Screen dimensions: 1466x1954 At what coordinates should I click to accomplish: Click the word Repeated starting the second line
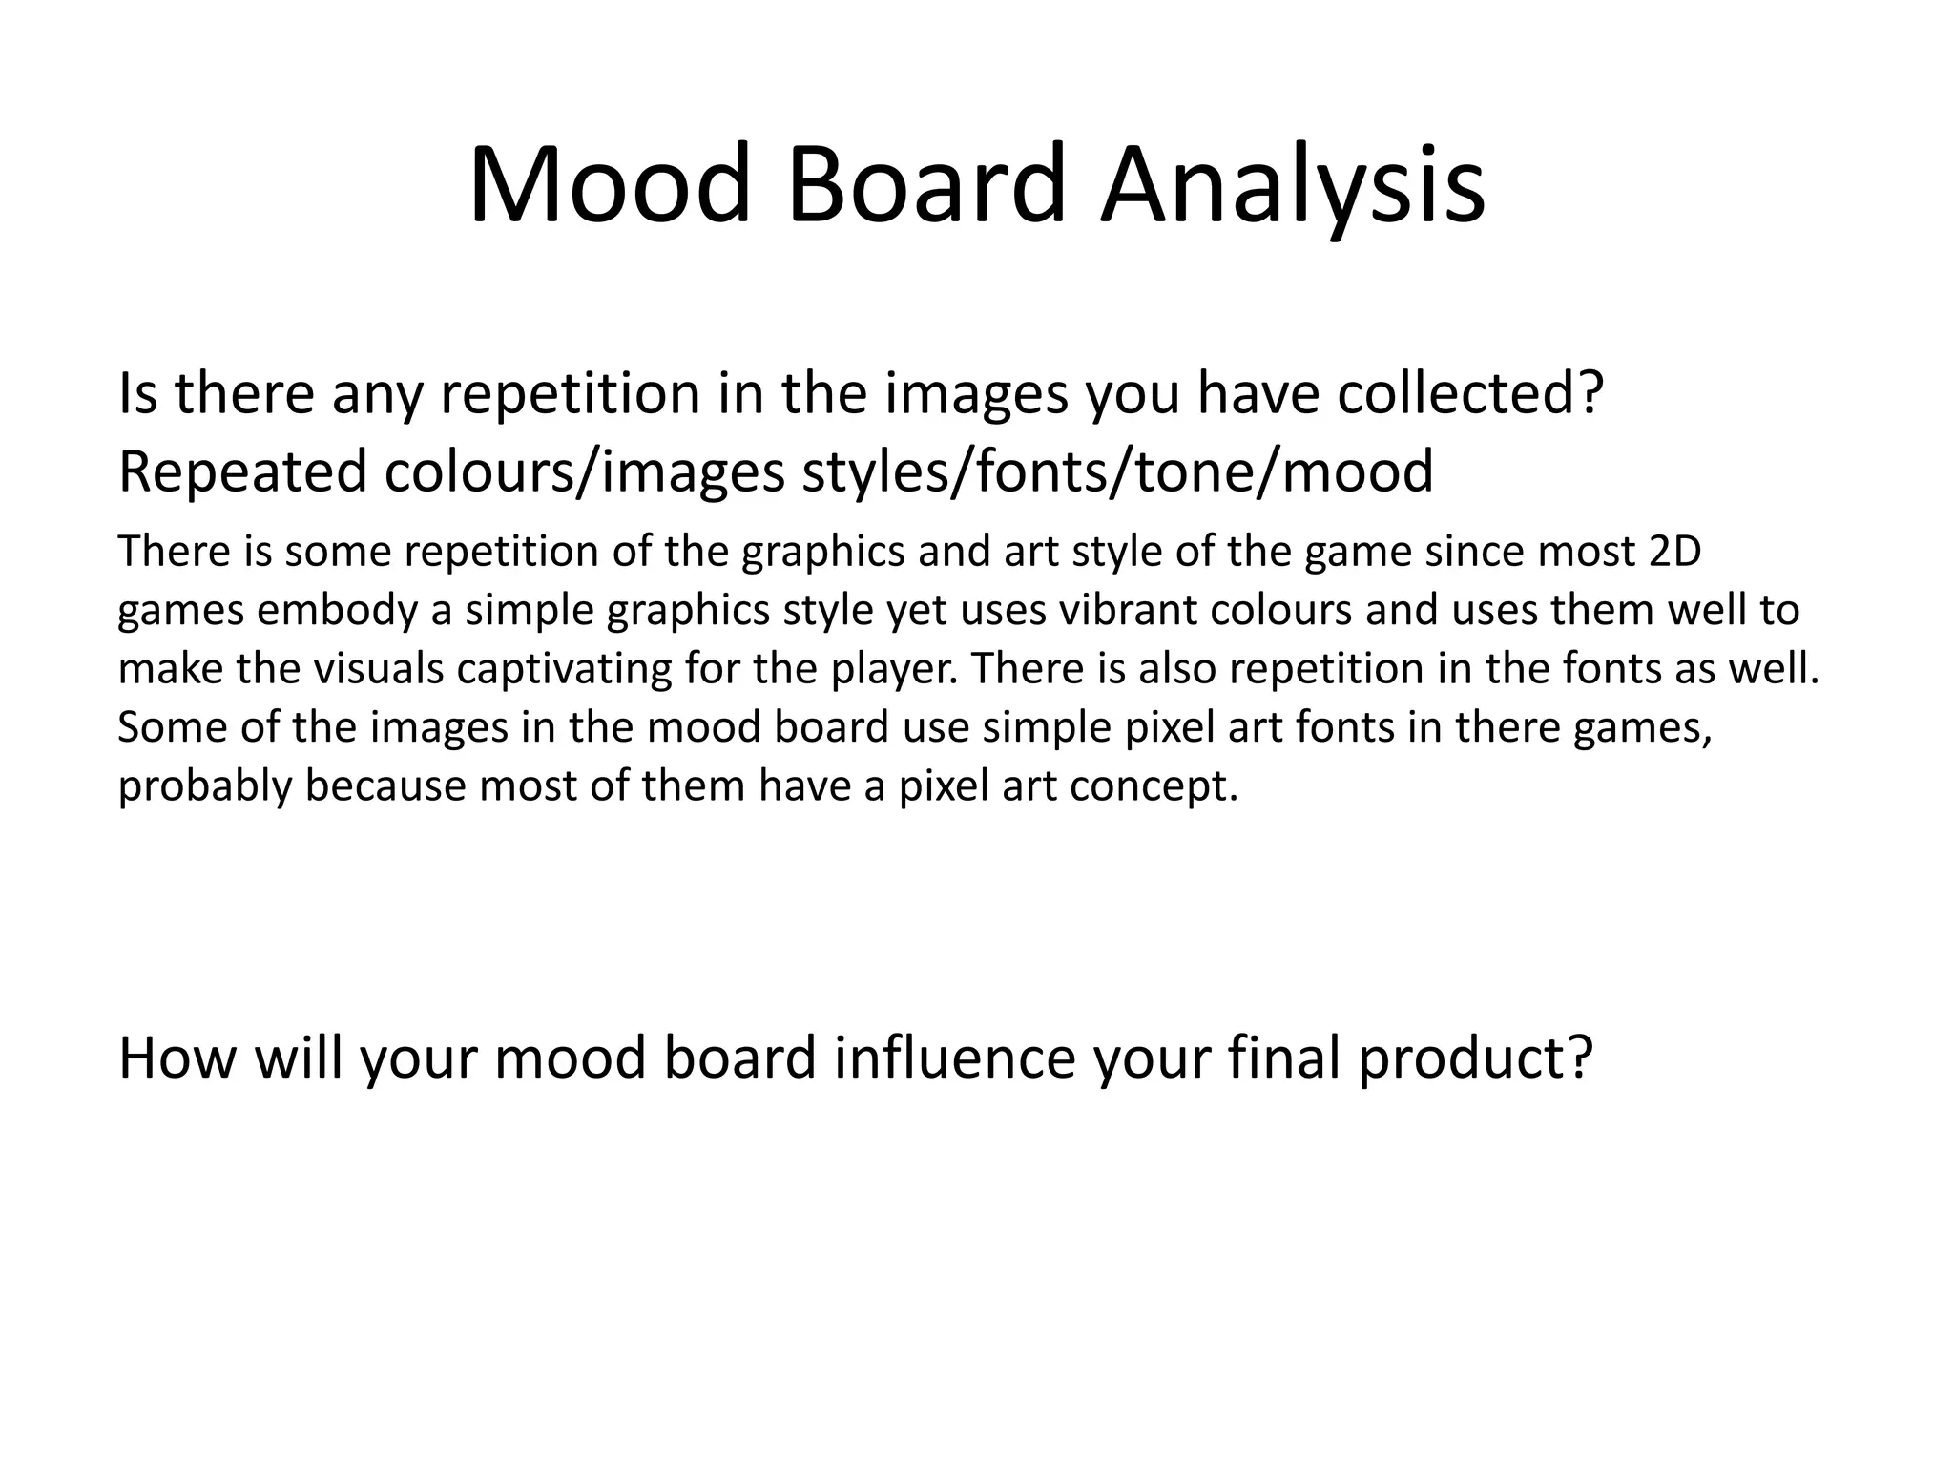(242, 471)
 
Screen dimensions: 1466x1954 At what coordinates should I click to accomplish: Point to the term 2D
(1674, 552)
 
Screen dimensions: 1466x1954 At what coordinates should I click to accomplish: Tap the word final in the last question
(1284, 1058)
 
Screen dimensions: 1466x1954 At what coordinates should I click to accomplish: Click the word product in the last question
(1475, 1058)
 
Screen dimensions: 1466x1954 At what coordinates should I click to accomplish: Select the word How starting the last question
(178, 1058)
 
